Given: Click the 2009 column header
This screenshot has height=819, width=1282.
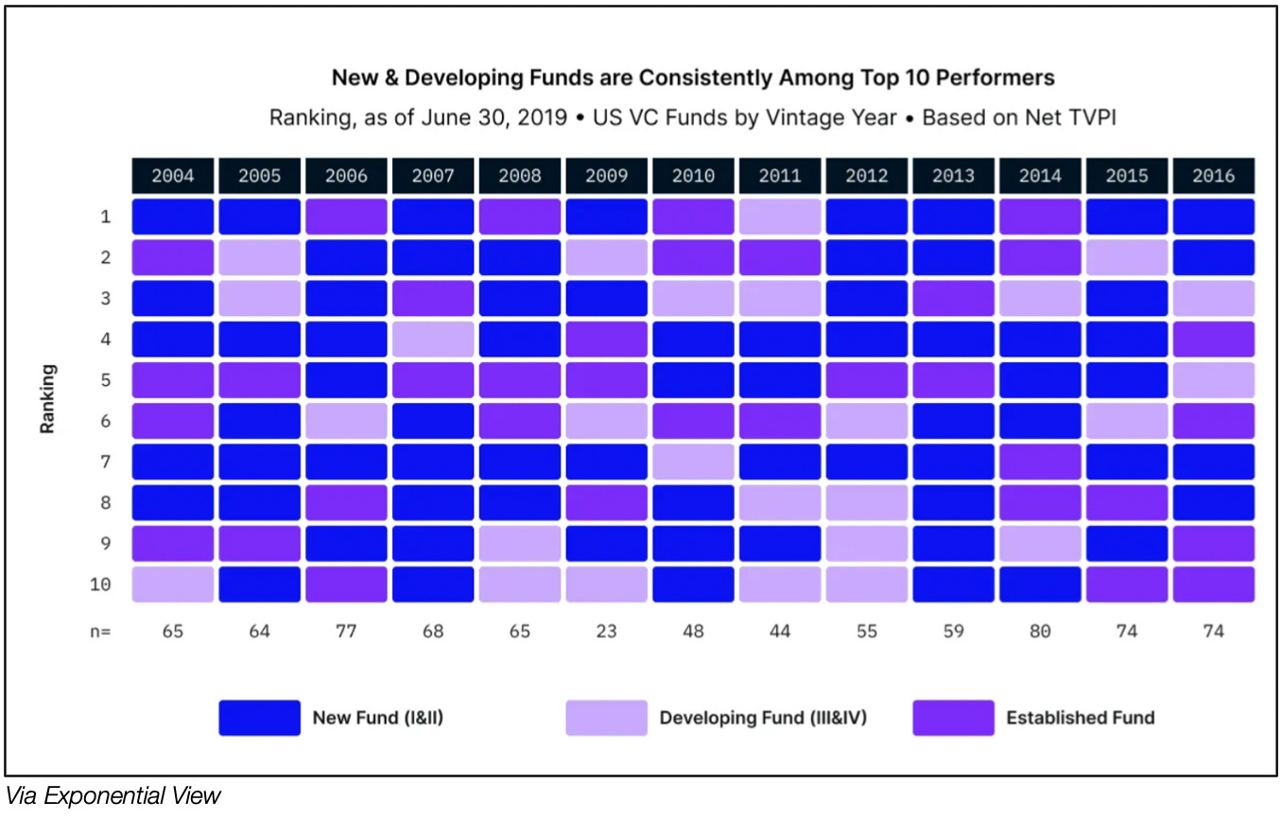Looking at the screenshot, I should click(x=606, y=176).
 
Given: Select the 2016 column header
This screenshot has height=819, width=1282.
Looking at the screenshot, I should click(x=1213, y=176).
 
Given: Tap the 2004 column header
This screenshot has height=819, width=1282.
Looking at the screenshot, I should click(x=172, y=176).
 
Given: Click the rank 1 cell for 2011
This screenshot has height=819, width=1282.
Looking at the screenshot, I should click(x=780, y=217).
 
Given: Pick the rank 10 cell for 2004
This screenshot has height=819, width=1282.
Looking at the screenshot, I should click(x=172, y=584).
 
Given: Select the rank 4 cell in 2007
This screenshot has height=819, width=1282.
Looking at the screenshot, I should click(x=433, y=340).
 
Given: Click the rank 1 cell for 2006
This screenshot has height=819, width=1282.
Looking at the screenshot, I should click(x=346, y=217).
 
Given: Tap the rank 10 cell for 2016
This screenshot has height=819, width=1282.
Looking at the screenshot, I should click(x=1213, y=584).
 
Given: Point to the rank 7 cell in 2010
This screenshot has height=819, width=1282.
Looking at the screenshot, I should click(x=693, y=462).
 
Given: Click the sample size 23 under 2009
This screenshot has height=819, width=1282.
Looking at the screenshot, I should click(x=606, y=632).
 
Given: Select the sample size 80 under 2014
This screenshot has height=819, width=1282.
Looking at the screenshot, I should click(x=1040, y=632).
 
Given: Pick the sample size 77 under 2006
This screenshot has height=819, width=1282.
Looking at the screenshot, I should click(x=346, y=632).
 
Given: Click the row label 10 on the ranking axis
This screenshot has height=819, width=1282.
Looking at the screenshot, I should click(x=100, y=584).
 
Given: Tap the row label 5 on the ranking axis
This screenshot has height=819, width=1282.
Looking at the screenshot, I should click(x=105, y=380).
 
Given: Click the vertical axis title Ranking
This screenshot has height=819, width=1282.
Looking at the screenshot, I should click(x=47, y=399).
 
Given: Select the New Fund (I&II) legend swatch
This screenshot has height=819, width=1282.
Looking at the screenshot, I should click(x=259, y=718).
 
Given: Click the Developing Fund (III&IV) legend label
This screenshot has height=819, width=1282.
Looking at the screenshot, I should click(x=763, y=718).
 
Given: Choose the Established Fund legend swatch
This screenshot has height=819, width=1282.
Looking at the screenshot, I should click(x=953, y=718).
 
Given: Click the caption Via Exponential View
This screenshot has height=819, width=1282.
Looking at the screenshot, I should click(x=113, y=796).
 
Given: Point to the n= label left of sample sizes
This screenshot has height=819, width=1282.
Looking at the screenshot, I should click(x=101, y=632).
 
